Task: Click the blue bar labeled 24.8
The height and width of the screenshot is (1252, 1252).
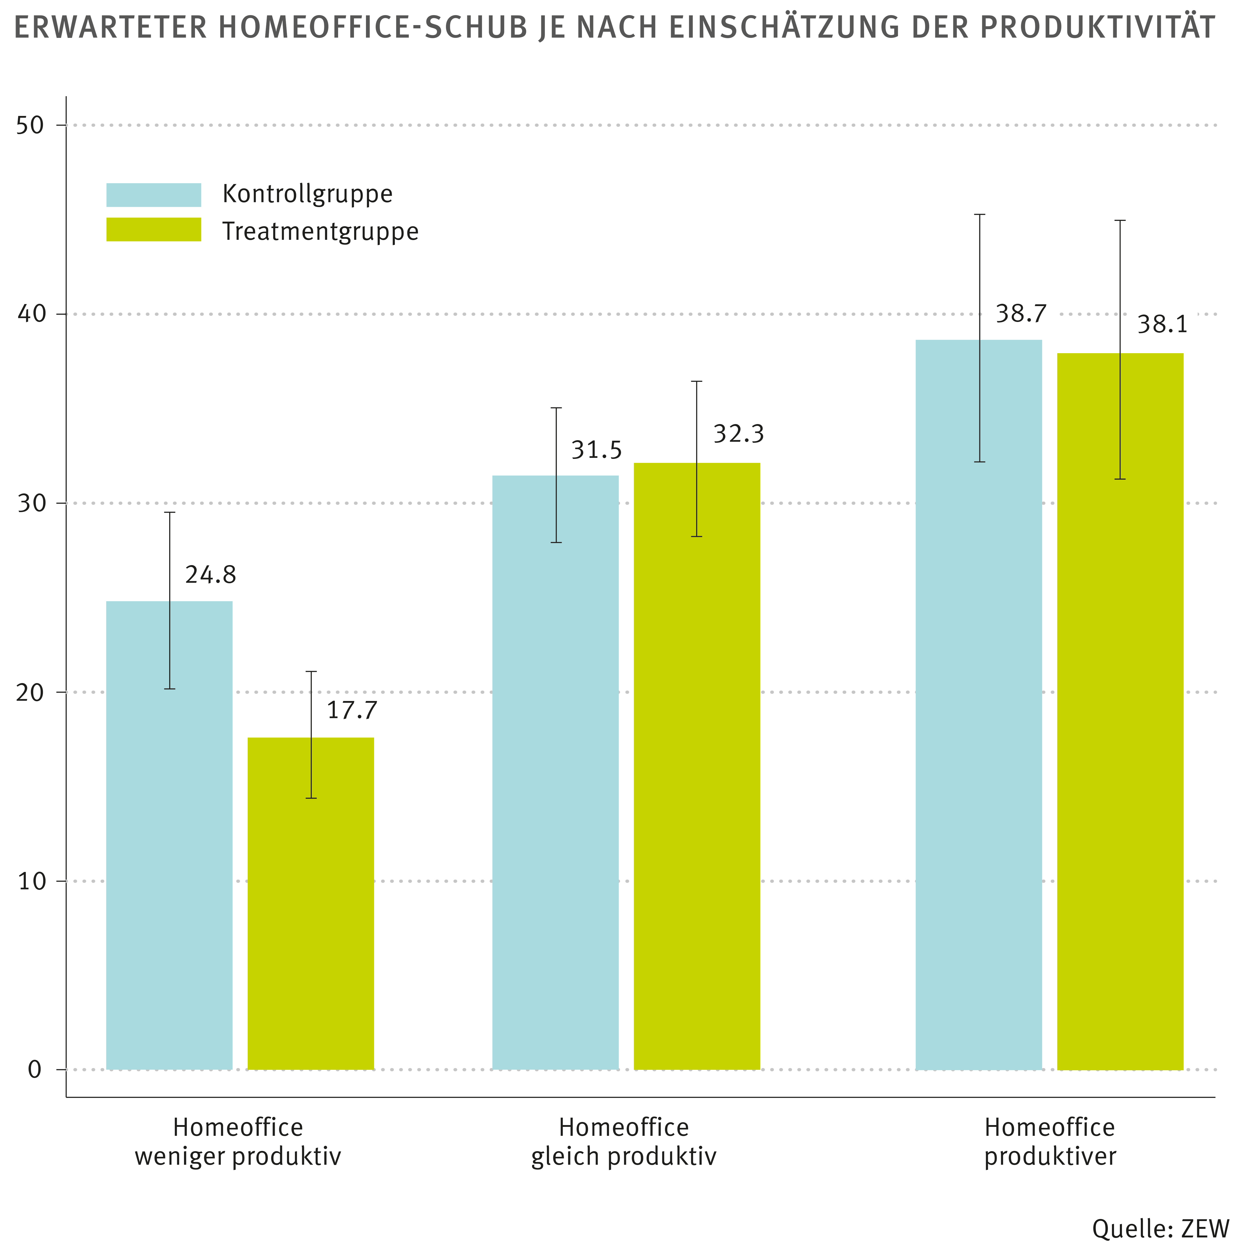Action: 169,836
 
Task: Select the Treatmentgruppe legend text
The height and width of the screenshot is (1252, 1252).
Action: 320,231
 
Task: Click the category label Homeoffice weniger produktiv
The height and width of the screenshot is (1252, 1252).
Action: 238,1142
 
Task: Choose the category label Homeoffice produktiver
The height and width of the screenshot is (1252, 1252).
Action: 1050,1142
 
